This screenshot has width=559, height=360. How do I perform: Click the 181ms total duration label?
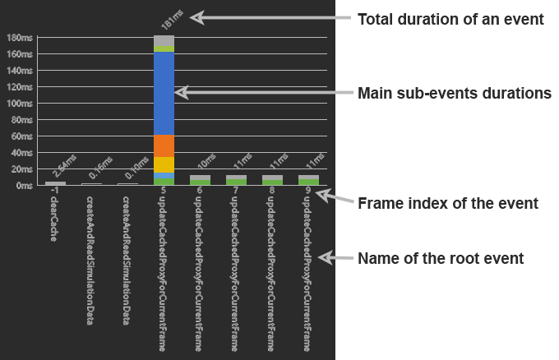(x=172, y=20)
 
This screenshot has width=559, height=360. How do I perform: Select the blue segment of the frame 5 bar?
(x=164, y=94)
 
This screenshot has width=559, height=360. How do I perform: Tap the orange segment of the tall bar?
(x=164, y=146)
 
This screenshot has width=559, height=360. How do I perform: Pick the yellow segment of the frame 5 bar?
(x=164, y=165)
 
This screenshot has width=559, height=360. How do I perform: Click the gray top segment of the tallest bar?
(x=164, y=40)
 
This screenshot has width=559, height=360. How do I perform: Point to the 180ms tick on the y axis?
(x=20, y=38)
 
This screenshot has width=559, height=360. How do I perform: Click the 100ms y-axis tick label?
(x=20, y=104)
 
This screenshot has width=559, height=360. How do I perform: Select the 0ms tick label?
(x=24, y=186)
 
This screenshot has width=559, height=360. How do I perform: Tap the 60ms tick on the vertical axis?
(x=21, y=136)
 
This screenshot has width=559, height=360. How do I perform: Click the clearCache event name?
(x=53, y=219)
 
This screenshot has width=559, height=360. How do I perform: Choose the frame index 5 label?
(x=164, y=191)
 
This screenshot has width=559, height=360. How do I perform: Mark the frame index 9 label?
(x=308, y=191)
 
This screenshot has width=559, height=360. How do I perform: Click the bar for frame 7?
(x=237, y=180)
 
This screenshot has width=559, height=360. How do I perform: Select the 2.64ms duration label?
(x=64, y=166)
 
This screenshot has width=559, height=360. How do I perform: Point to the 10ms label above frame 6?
(x=207, y=161)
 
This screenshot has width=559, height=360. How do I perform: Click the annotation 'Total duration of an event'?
(x=450, y=19)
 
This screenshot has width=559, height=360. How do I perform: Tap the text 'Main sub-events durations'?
(x=455, y=93)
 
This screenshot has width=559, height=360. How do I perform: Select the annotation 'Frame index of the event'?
(x=448, y=203)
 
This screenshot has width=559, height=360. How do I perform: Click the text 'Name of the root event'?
(x=441, y=258)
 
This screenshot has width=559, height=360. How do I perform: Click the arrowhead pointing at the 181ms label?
(x=196, y=17)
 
